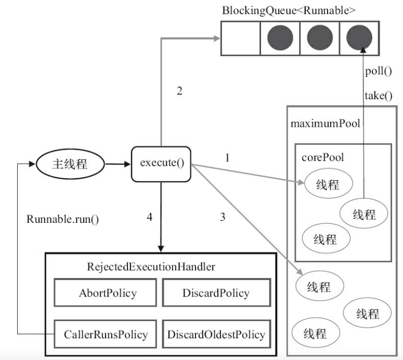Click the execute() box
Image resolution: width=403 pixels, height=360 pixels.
[162, 164]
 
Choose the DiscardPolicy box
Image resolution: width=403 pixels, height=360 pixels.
[216, 294]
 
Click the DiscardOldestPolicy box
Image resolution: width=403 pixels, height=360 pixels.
[216, 335]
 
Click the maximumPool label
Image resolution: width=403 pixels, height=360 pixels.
[326, 124]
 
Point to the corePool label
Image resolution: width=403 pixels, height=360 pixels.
[322, 157]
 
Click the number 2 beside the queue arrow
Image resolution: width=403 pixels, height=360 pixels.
[180, 91]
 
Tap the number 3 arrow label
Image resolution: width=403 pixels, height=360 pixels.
[223, 217]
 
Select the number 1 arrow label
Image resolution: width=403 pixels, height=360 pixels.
[227, 157]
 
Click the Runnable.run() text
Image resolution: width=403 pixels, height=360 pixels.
[62, 219]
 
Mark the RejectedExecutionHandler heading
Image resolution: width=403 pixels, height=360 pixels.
[151, 267]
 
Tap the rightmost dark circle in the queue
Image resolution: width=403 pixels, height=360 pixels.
[359, 37]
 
